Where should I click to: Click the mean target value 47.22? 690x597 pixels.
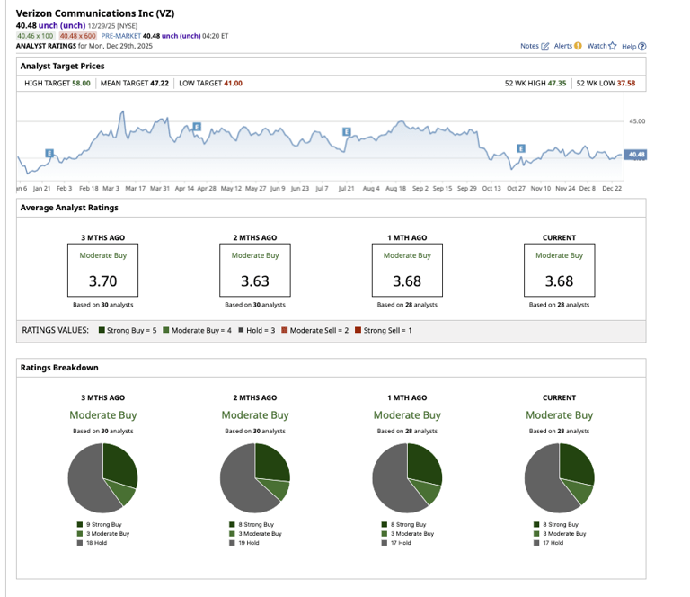click(159, 83)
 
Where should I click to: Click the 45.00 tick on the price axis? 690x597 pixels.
click(636, 120)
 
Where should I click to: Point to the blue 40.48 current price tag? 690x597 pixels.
click(636, 155)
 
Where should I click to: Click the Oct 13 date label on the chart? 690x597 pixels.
click(491, 189)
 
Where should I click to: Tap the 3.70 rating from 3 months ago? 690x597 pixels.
click(102, 281)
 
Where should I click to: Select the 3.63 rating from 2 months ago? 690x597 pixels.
click(254, 281)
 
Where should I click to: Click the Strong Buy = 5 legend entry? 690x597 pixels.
click(128, 331)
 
